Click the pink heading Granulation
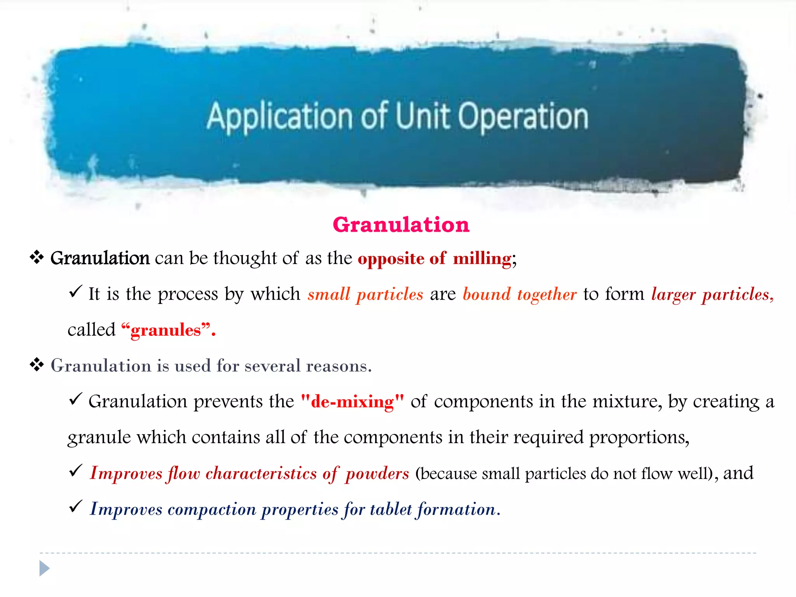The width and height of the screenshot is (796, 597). coord(401,225)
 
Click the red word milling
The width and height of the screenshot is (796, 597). coord(482,258)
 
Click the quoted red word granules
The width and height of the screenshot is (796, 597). coord(166,330)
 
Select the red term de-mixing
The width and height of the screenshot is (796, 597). coord(353,401)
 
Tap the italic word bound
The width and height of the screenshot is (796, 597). coord(487,294)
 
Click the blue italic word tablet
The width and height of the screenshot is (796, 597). coord(391,509)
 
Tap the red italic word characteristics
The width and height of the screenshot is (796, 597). coord(261,473)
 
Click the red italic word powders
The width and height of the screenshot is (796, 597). coord(377,474)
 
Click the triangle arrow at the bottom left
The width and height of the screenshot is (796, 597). coord(44,569)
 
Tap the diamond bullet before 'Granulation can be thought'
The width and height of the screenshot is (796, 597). coord(37,257)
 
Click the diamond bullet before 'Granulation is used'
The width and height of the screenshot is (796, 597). coord(37,365)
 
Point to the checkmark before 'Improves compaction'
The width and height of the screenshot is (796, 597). coord(75,506)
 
